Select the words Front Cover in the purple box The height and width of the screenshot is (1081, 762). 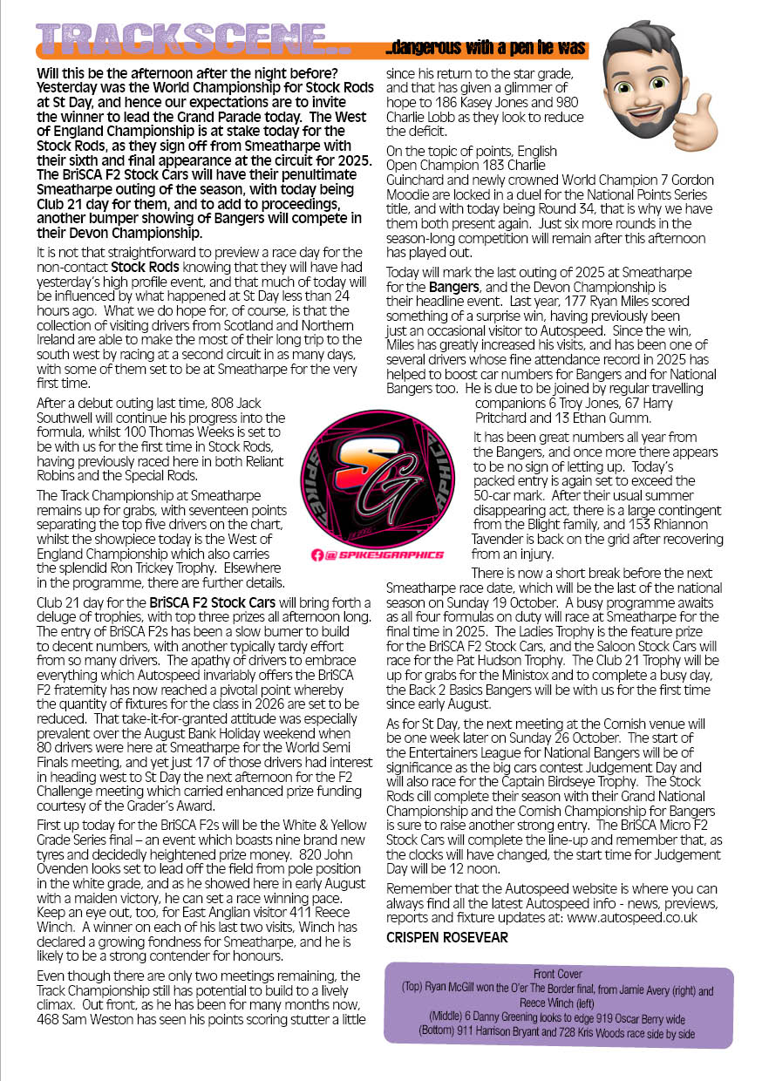point(559,973)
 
